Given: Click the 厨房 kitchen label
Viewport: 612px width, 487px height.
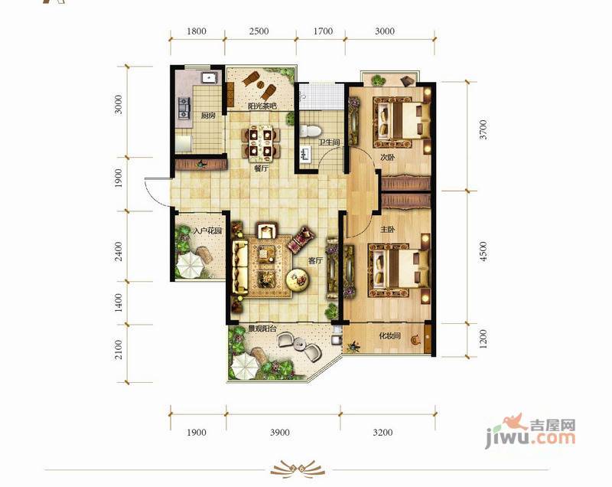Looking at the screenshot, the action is [208, 115].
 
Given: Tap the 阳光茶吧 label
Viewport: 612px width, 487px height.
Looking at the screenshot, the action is [262, 106].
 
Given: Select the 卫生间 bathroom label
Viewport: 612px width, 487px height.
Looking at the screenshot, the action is [329, 142].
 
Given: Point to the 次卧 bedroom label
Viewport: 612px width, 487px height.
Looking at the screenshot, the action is [388, 158].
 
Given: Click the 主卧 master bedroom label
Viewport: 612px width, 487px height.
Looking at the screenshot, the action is [388, 230].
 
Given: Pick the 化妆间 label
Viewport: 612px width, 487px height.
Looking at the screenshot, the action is [390, 335].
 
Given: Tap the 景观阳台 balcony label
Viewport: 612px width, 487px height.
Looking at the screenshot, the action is [262, 328].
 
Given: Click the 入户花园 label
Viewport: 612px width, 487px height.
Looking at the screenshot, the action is [207, 230].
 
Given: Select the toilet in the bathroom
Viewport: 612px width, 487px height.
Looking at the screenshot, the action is [311, 130].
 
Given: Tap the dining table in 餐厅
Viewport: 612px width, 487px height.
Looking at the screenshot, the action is [261, 143].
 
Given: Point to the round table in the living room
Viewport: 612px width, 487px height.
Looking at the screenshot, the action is [298, 279].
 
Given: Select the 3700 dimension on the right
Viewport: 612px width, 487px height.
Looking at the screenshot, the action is [483, 129].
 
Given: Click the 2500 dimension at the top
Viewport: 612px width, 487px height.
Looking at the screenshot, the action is [259, 31].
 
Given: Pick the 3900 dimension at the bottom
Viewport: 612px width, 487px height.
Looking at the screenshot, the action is [280, 433].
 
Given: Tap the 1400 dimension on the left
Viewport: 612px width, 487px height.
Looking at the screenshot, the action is [119, 302].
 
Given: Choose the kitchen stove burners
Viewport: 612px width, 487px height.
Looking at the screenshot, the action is [184, 108].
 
